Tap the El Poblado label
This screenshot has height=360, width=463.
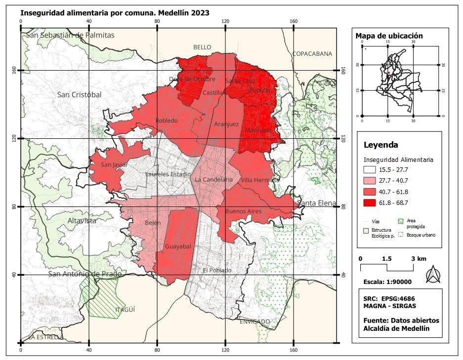pos(217,270)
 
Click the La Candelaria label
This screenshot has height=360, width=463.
pos(213,180)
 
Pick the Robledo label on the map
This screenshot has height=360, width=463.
pos(167,120)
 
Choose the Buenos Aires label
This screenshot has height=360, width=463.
pos(243,211)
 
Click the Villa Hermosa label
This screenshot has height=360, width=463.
pos(261,180)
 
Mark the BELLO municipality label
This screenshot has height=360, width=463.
pos(202,47)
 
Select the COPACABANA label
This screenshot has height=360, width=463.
pos(312,54)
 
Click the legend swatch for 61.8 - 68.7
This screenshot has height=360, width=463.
pos(372,202)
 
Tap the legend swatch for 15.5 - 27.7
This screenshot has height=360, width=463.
pos(372,170)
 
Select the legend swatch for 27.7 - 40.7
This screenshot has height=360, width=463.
pos(372,181)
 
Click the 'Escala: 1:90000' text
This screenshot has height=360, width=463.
pos(387,282)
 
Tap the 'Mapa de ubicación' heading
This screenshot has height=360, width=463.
pos(389,36)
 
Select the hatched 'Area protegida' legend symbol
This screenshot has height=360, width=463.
pos(401,222)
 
